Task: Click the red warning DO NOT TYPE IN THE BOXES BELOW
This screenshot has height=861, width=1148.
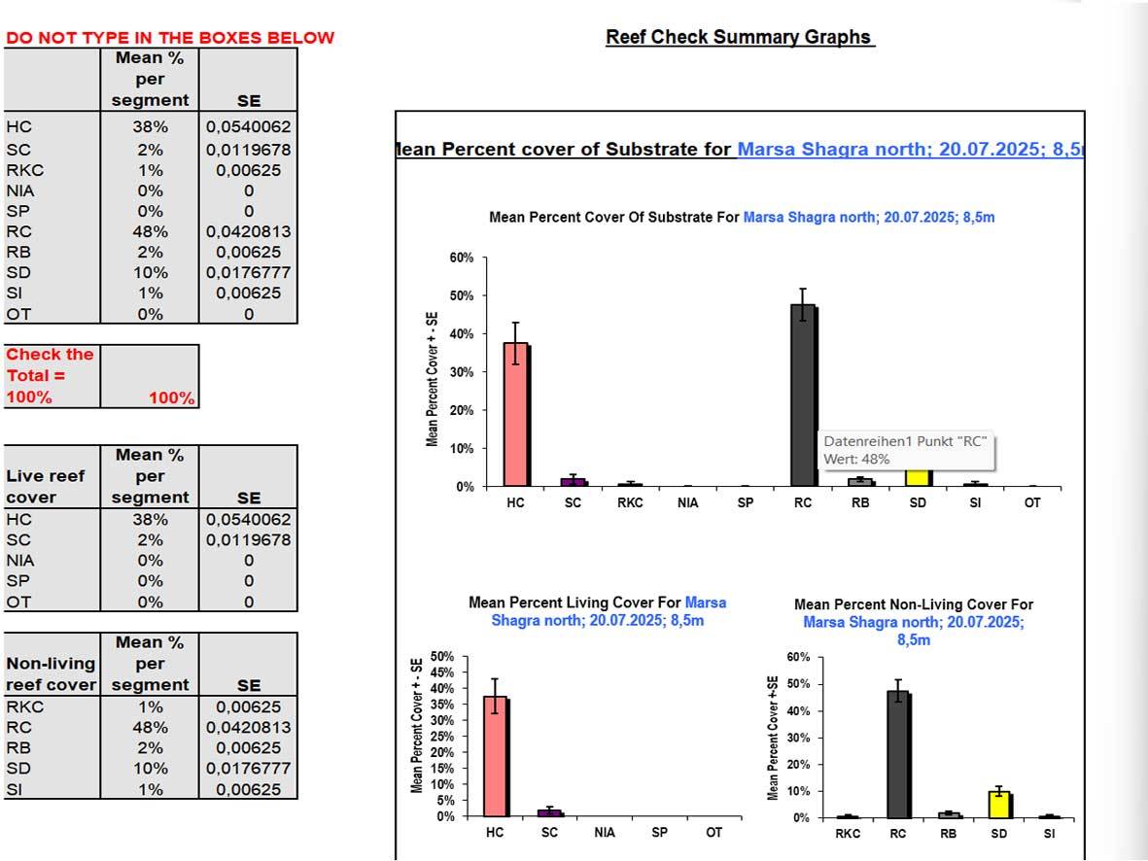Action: point(170,38)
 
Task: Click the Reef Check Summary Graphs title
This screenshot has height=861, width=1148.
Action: point(739,37)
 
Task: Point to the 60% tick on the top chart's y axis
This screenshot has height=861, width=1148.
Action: point(461,258)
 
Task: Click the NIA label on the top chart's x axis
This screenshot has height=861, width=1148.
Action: point(688,503)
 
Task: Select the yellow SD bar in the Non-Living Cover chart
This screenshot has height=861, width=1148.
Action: point(998,805)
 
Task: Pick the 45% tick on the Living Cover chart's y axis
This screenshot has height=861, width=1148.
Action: point(441,672)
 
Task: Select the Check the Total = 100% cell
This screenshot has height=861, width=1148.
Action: point(51,376)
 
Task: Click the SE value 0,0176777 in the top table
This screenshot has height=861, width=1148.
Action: point(248,273)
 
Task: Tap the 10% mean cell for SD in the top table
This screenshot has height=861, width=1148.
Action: point(150,273)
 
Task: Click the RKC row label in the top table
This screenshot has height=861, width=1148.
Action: point(25,171)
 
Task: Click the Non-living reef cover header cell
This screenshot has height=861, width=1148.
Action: point(51,673)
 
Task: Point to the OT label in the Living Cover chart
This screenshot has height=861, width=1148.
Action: point(713,833)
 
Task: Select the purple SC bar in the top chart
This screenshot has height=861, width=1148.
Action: point(574,481)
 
